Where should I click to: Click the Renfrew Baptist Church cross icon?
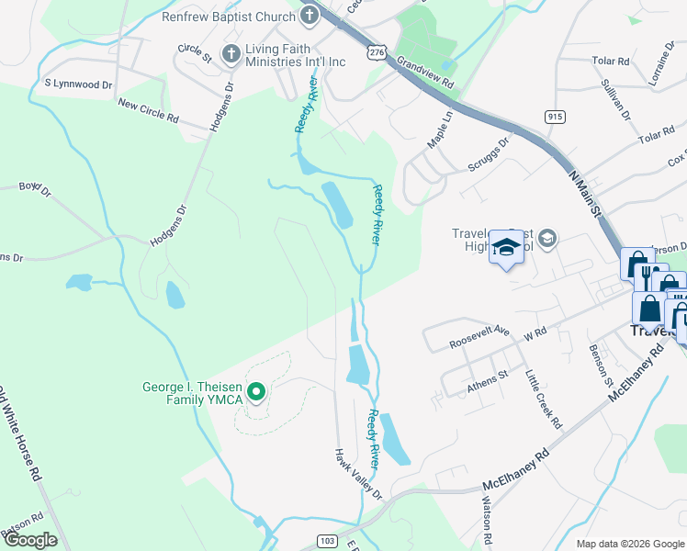309,15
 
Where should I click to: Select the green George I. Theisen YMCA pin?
257,395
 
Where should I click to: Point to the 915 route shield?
554,117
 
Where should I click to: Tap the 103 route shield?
328,541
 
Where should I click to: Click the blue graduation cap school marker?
505,246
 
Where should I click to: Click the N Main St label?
583,194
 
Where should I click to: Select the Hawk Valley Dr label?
356,473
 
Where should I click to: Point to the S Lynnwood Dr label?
78,84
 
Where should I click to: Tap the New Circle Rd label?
148,113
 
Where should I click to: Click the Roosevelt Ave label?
479,336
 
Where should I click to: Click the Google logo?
30,540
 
